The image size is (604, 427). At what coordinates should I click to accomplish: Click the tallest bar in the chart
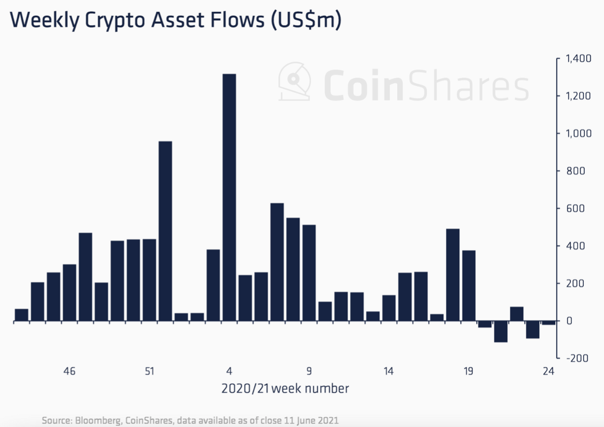229,197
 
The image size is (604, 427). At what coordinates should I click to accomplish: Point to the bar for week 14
389,308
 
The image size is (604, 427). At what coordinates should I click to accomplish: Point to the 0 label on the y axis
569,321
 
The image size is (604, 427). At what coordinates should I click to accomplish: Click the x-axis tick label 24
548,371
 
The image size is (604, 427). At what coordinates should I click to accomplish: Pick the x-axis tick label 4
229,371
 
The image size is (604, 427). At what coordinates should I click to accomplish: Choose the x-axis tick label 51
150,371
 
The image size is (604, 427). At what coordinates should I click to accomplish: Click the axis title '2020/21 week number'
285,389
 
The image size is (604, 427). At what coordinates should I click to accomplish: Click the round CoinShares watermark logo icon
295,81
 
